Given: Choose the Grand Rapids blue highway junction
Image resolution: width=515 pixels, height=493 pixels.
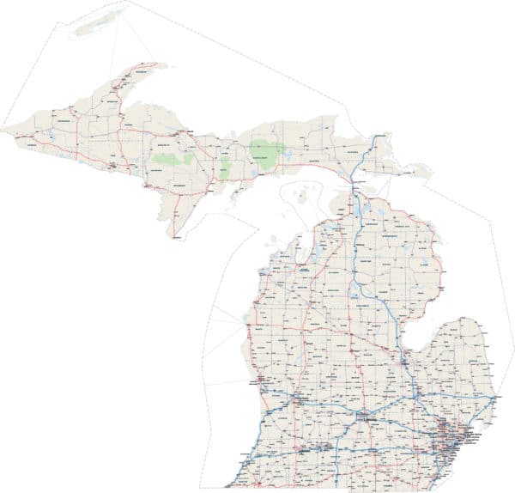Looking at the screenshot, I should coord(295,400).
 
